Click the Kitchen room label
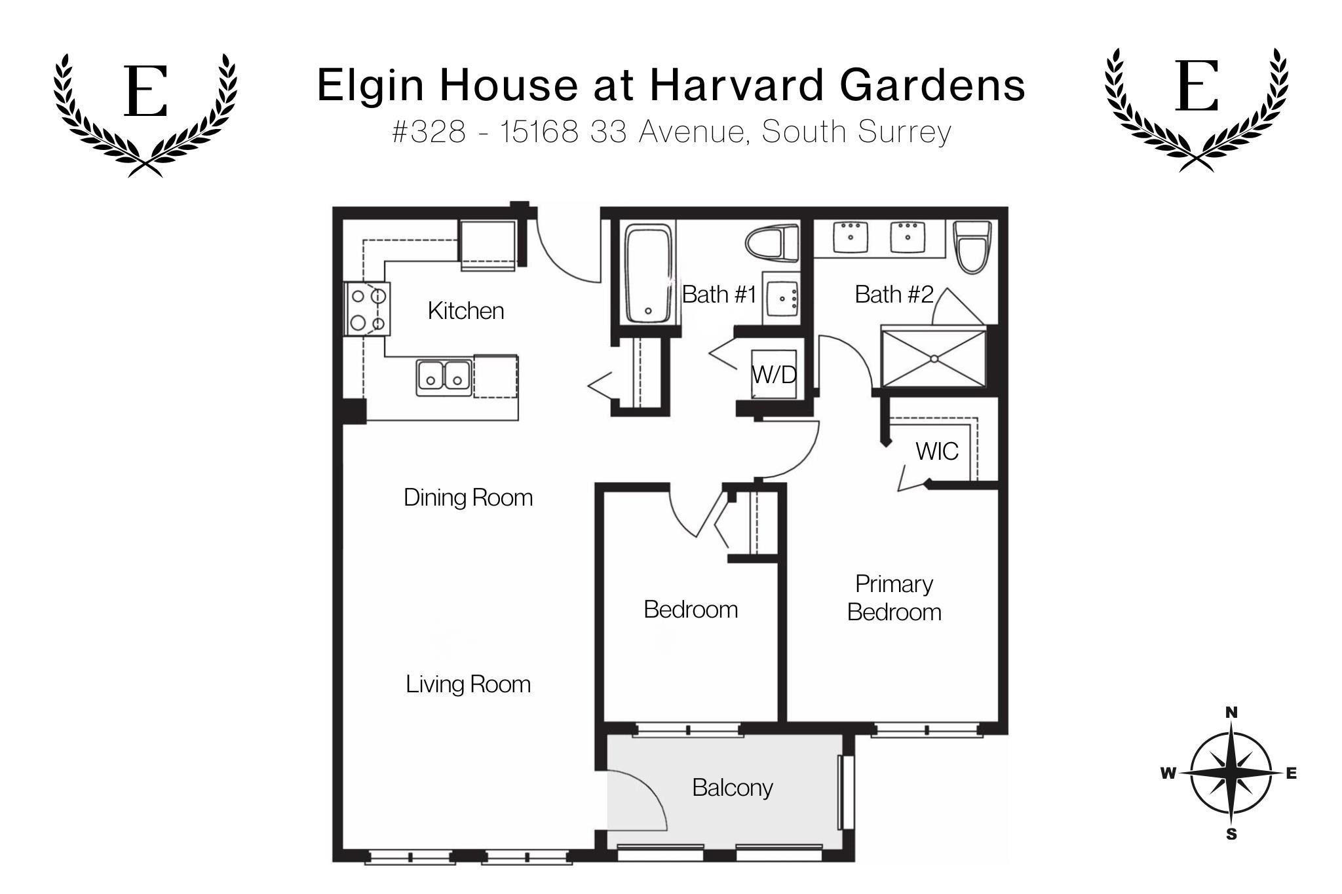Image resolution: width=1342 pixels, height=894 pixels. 466,310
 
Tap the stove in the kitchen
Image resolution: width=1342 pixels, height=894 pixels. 368,308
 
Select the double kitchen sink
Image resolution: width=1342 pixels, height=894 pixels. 444,377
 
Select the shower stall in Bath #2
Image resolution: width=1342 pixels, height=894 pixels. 933,358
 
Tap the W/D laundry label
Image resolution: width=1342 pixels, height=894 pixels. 774,375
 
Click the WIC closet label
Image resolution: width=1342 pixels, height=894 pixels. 937,451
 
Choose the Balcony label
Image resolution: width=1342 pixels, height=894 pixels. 733,787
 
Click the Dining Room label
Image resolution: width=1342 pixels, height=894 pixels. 468,498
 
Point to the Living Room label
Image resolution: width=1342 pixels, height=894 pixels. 468,684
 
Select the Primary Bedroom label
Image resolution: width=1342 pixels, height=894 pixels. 894,598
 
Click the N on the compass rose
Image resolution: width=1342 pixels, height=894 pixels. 1231,713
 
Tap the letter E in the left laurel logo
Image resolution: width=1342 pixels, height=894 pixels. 145,91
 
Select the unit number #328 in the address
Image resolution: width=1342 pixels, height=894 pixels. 429,132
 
